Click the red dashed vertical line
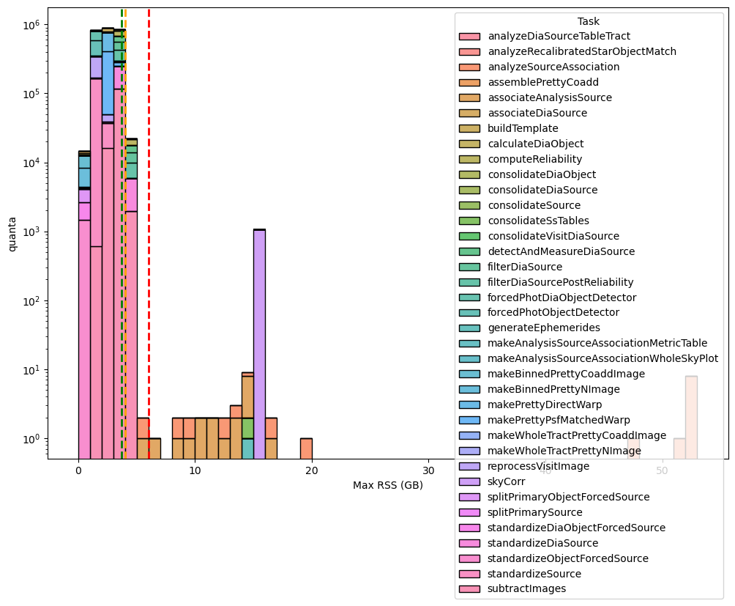(149, 220)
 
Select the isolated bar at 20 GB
(306, 448)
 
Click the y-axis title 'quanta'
(12, 234)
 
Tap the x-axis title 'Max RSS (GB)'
(387, 485)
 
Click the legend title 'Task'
(588, 21)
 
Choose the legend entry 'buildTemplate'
(523, 128)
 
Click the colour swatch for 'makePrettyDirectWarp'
(469, 404)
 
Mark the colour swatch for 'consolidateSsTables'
(469, 221)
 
